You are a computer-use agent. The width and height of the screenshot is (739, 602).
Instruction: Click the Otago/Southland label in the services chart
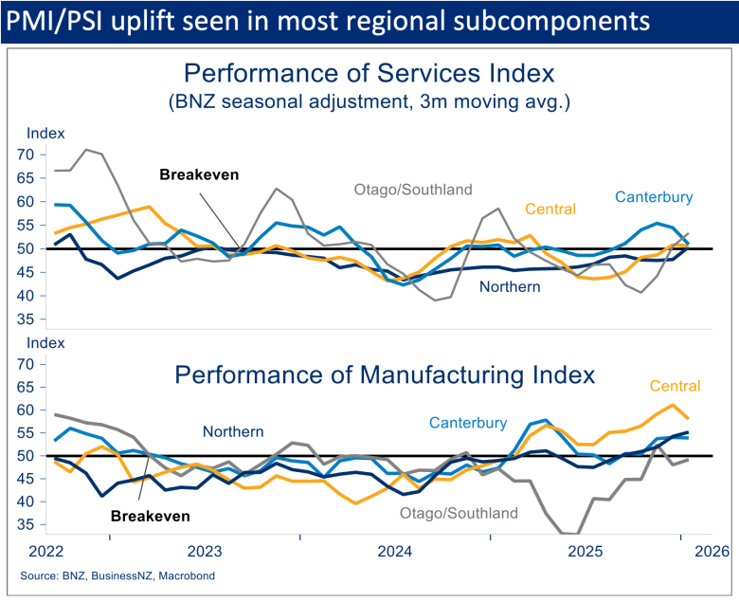pyautogui.click(x=413, y=190)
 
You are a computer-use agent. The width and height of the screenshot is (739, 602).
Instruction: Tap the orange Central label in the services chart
pyautogui.click(x=550, y=210)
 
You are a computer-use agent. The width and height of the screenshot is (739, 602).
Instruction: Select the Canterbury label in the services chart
pyautogui.click(x=654, y=197)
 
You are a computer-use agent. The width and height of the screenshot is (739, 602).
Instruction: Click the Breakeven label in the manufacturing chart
pyautogui.click(x=151, y=517)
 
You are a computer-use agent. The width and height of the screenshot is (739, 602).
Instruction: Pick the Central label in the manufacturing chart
pyautogui.click(x=675, y=386)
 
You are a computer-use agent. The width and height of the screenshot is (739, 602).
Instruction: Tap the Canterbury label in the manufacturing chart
pyautogui.click(x=468, y=423)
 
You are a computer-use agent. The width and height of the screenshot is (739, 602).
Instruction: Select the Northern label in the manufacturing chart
pyautogui.click(x=233, y=431)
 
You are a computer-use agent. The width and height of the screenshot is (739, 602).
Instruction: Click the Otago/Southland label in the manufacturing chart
pyautogui.click(x=460, y=513)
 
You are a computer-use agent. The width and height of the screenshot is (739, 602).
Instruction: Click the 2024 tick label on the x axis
pyautogui.click(x=394, y=551)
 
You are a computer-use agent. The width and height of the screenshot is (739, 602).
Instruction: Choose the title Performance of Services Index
pyautogui.click(x=369, y=73)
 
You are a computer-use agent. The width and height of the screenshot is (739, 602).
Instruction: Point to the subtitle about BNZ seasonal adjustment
pyautogui.click(x=369, y=101)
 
